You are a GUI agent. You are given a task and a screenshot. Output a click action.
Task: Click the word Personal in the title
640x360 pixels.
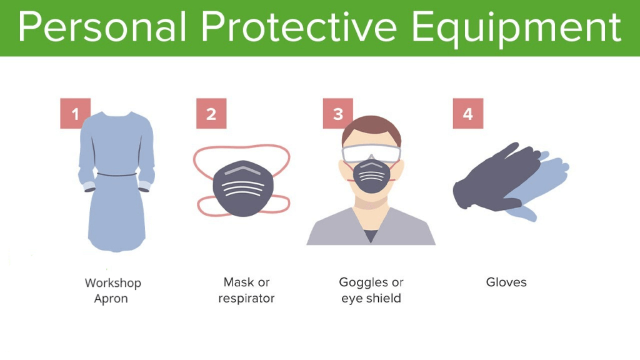click(102, 27)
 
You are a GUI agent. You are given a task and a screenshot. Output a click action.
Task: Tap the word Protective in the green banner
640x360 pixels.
click(299, 27)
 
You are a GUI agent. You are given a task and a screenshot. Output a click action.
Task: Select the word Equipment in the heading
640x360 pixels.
click(516, 29)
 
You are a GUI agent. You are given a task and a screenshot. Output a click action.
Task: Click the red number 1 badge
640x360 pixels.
click(75, 114)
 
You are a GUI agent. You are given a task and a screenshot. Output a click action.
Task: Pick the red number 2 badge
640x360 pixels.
click(211, 114)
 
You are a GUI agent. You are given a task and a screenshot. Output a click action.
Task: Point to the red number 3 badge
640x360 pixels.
click(338, 114)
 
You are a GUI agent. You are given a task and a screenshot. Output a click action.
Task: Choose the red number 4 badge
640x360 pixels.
click(467, 114)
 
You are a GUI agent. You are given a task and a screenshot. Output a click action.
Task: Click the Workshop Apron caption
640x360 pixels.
click(112, 291)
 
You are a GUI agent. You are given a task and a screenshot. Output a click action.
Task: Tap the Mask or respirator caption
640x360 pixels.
click(246, 290)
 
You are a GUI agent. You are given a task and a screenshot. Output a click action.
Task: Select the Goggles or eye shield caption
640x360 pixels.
click(371, 290)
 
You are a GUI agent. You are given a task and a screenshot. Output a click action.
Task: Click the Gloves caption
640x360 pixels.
click(506, 282)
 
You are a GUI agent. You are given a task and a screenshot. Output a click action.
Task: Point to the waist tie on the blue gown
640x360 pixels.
click(117, 175)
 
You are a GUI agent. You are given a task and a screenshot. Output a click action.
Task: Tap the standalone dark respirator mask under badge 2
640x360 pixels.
click(243, 188)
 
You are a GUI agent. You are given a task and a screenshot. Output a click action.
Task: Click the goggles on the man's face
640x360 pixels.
click(371, 154)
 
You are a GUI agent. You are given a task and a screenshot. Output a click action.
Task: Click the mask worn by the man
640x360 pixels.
click(371, 176)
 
